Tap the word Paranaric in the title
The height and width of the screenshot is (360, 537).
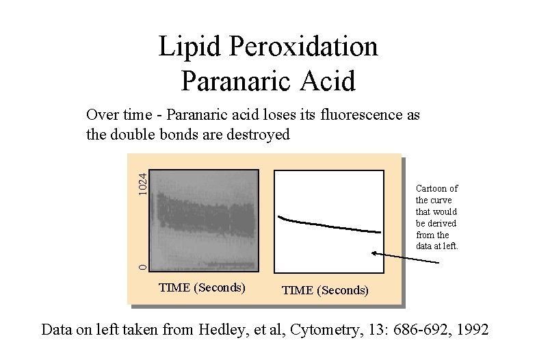[x=235, y=81]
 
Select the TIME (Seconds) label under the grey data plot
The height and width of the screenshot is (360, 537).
[x=202, y=287]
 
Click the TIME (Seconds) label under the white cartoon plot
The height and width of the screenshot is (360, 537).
[x=325, y=290]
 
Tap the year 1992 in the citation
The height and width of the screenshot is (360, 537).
[x=471, y=329]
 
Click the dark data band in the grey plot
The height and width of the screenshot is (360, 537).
[x=205, y=216]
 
